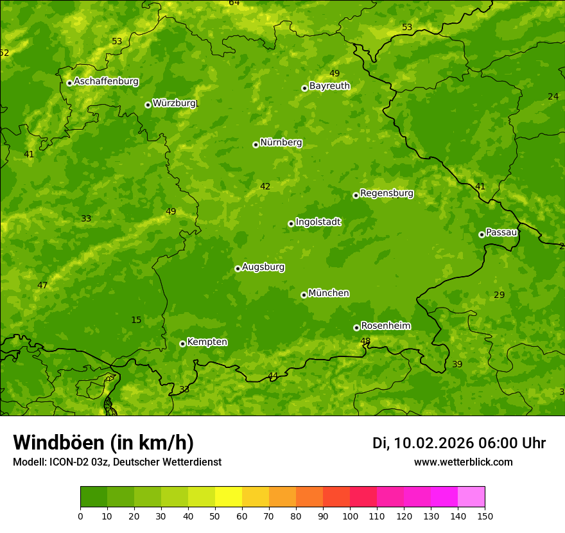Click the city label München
coord(329,293)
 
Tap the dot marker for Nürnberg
coord(256,144)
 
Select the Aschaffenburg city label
coord(106,82)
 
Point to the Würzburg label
coord(174,103)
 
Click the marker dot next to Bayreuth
coord(304,88)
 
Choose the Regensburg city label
coord(387,193)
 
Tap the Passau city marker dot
coord(482,234)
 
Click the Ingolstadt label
coord(318,222)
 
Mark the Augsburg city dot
coord(238,268)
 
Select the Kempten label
coord(207,342)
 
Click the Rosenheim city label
coord(385,326)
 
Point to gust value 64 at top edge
coord(234,3)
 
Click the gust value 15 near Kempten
coord(136,320)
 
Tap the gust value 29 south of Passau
coord(500,295)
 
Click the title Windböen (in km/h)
coord(103,442)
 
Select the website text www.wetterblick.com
coord(463,462)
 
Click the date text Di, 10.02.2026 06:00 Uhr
coord(459,443)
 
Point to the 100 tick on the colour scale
coord(350,516)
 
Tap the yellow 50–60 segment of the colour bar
coord(229,497)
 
